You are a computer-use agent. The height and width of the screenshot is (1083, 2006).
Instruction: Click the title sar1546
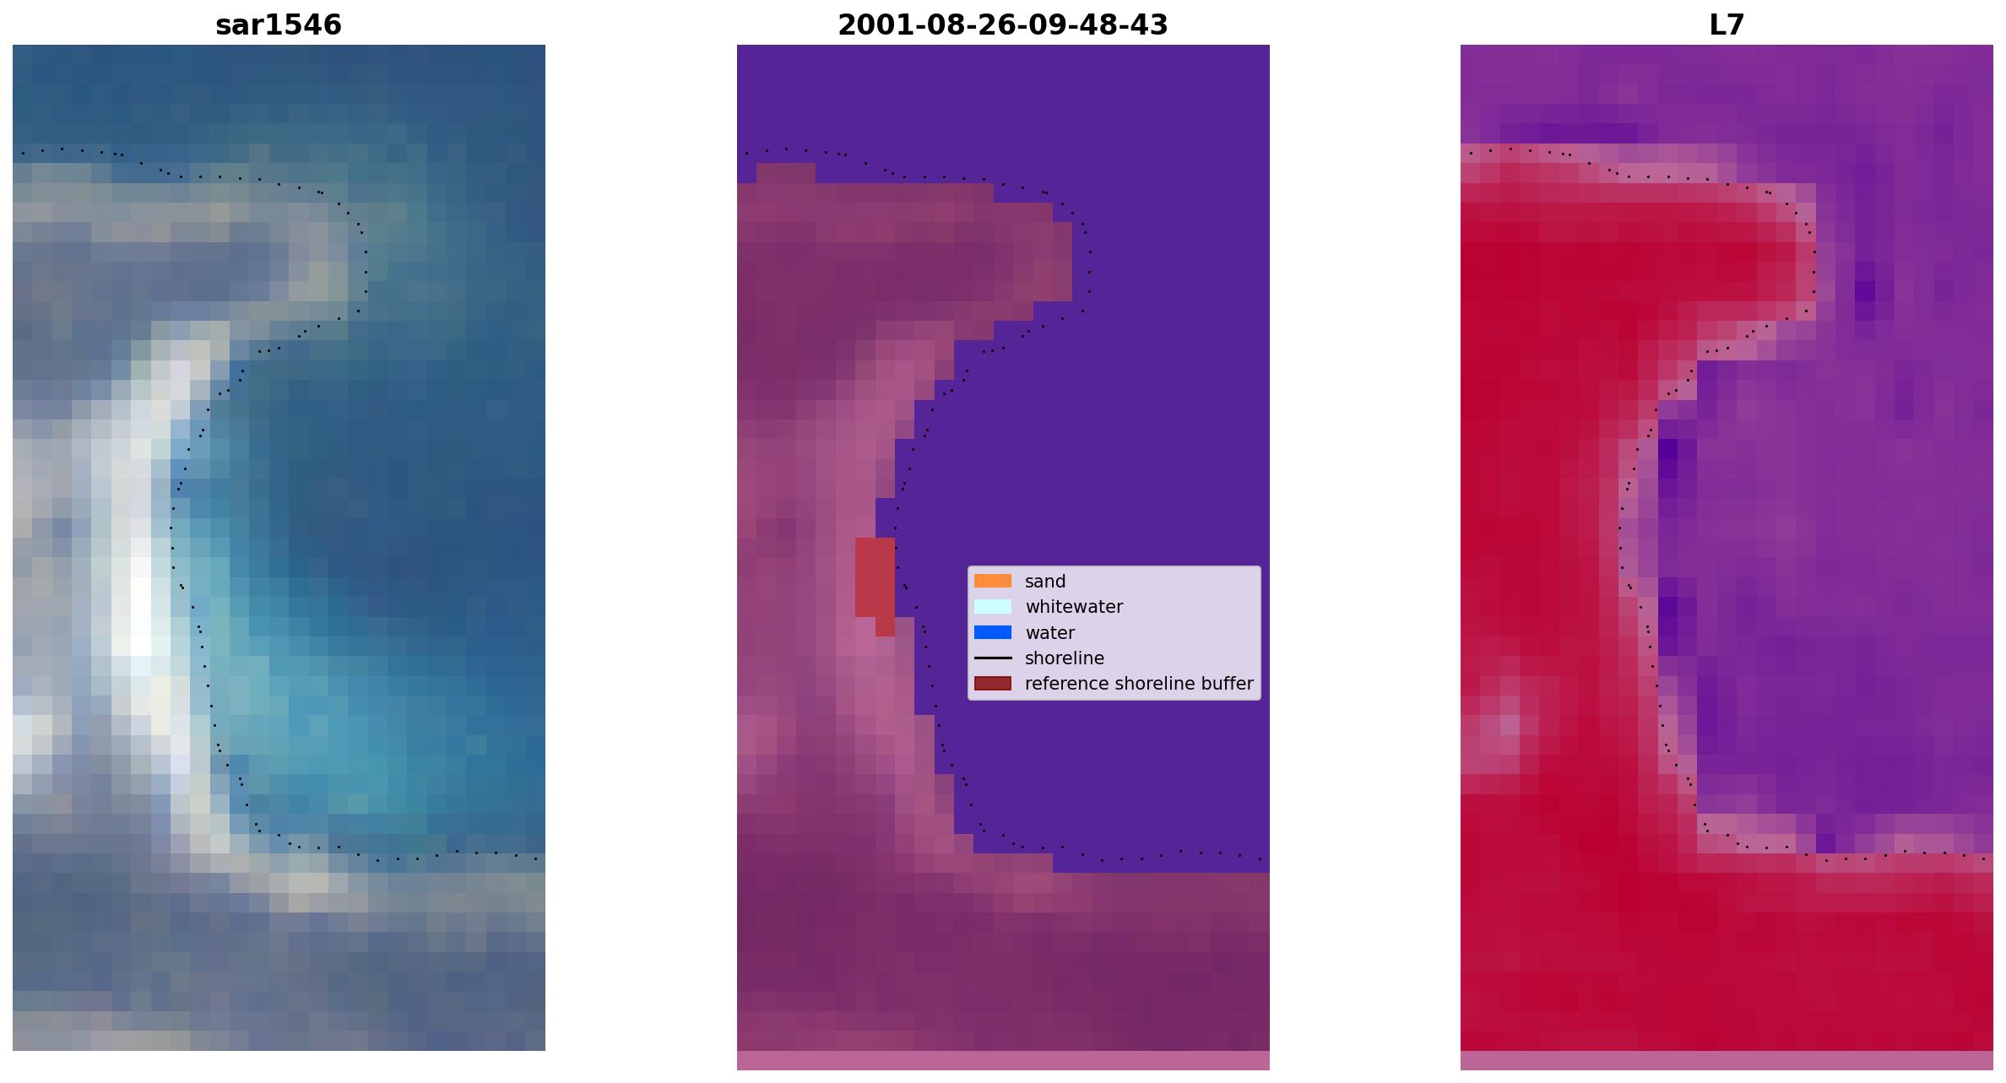pyautogui.click(x=279, y=25)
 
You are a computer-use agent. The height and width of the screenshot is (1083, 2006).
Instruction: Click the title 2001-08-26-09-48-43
pyautogui.click(x=1003, y=25)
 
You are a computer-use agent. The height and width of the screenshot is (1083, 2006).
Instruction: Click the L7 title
pyautogui.click(x=1727, y=25)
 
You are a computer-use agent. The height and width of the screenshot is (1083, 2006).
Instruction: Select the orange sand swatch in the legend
pyautogui.click(x=993, y=581)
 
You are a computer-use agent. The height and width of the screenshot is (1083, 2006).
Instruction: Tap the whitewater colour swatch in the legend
pyautogui.click(x=993, y=606)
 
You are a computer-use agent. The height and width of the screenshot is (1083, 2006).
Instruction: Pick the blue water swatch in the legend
pyautogui.click(x=993, y=632)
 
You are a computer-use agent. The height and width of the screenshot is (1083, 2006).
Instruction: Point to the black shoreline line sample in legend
pyautogui.click(x=993, y=658)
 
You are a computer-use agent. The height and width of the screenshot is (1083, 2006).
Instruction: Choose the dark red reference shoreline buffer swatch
pyautogui.click(x=993, y=683)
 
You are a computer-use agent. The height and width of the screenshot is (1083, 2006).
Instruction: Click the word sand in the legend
pyautogui.click(x=1045, y=582)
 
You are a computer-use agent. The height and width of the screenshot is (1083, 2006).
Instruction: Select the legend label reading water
pyautogui.click(x=1049, y=633)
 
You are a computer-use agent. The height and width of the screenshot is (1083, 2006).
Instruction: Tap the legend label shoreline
pyautogui.click(x=1065, y=658)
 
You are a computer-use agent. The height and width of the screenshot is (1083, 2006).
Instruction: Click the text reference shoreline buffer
pyautogui.click(x=1139, y=684)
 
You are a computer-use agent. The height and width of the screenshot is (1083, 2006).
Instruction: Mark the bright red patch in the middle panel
pyautogui.click(x=876, y=581)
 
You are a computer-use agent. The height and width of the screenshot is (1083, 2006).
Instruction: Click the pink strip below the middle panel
pyautogui.click(x=1003, y=1060)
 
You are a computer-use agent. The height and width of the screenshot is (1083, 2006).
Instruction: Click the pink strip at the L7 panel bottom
pyautogui.click(x=1727, y=1060)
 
